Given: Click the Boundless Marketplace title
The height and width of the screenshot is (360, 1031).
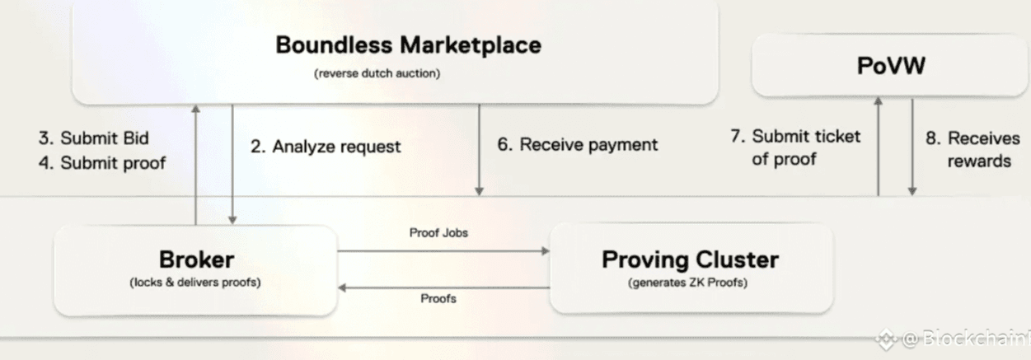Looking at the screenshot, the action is tap(408, 44).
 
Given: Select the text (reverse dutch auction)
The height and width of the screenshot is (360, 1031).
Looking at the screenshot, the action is tap(377, 73).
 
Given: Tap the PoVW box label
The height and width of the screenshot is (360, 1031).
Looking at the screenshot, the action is tap(890, 66).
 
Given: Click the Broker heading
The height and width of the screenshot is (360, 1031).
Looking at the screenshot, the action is tap(196, 259).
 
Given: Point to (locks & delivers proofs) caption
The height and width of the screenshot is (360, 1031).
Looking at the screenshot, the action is tap(195, 283).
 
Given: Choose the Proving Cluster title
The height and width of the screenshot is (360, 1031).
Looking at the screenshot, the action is tap(690, 259).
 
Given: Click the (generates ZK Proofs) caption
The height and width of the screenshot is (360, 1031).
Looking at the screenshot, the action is tap(689, 283).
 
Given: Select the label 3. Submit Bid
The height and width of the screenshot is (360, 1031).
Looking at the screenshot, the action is tap(93, 138).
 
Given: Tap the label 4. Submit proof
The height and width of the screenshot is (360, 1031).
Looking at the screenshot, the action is tap(101, 162).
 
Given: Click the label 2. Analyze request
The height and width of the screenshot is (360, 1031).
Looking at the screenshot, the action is tap(326, 147).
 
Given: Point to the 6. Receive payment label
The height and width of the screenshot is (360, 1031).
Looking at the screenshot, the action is tap(577, 145).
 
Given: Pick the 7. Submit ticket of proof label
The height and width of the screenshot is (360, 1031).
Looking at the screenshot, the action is tap(794, 147).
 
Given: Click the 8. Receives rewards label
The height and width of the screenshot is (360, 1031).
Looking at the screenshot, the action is tap(972, 148).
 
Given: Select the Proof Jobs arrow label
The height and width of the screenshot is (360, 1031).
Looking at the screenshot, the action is tap(438, 233).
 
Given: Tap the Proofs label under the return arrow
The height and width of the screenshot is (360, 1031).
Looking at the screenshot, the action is tap(438, 298).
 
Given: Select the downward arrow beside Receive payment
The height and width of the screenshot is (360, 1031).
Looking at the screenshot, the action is tap(480, 148).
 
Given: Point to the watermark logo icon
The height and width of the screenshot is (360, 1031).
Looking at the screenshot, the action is tap(885, 338).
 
